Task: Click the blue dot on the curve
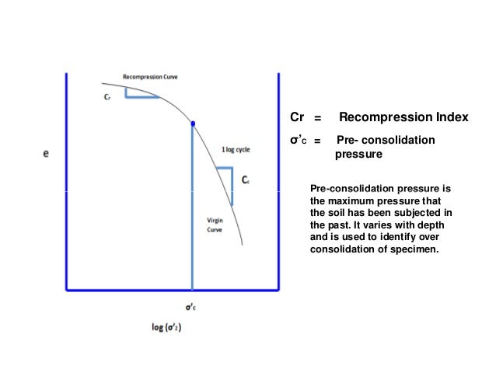click(193, 123)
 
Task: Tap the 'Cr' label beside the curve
click(108, 99)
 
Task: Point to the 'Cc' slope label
click(245, 180)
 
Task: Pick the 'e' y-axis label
click(46, 154)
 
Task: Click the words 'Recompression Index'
click(403, 117)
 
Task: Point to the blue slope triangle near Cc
click(225, 179)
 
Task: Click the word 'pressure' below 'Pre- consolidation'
click(358, 155)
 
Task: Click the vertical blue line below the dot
click(193, 210)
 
